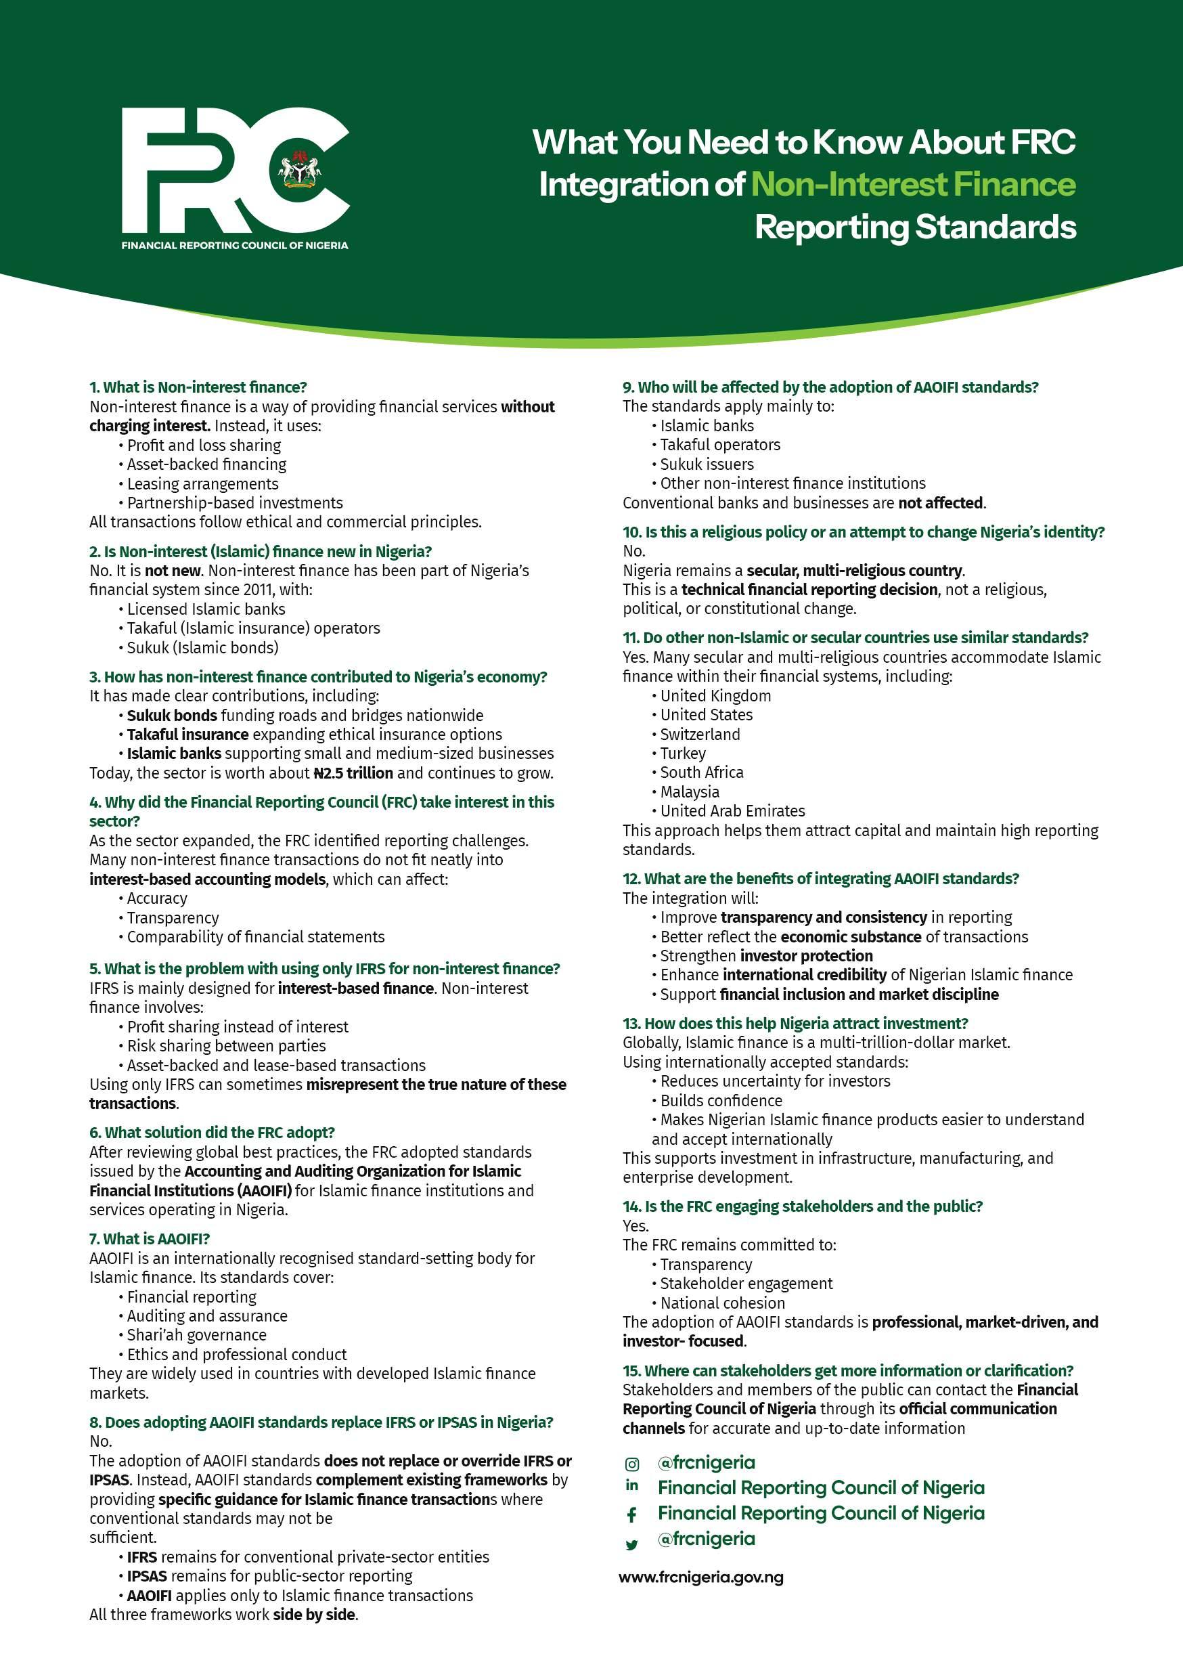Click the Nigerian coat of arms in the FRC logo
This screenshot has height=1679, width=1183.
299,169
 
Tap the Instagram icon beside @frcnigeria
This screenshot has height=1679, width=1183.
631,1464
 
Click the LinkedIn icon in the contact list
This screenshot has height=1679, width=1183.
631,1485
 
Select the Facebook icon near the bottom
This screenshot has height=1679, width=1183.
631,1514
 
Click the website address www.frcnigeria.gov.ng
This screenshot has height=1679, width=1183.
700,1577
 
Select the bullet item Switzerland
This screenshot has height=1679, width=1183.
700,734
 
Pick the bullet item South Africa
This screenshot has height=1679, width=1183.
701,772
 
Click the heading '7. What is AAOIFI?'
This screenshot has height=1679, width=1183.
149,1239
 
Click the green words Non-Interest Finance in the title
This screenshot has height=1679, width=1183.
913,184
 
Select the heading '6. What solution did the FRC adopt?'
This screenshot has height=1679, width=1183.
212,1132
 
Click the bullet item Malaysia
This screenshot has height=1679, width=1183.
690,792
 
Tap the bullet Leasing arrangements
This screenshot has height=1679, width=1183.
202,484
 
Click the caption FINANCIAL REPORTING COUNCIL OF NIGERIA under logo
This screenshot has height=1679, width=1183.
235,245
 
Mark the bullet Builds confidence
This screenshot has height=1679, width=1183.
721,1101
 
